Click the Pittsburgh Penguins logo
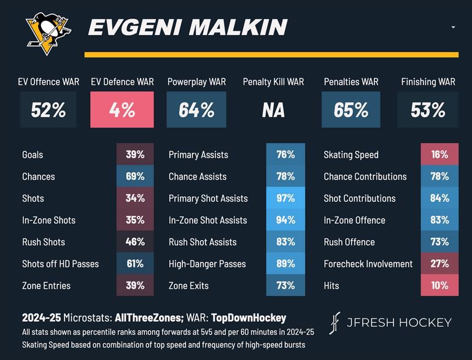point(48,33)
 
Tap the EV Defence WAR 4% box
point(122,110)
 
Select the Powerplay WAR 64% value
point(196,110)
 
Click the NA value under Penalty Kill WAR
point(273,110)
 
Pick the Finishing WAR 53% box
point(428,110)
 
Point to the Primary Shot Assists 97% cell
point(285,198)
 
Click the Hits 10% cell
point(439,286)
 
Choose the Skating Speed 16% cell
point(439,155)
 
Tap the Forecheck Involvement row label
point(367,264)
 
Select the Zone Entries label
point(46,286)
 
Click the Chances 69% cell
point(135,177)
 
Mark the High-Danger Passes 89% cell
point(285,264)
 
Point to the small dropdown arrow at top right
point(453,28)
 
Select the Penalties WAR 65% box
point(351,110)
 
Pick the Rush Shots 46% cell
point(135,242)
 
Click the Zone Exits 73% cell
point(285,286)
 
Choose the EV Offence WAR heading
point(48,82)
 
